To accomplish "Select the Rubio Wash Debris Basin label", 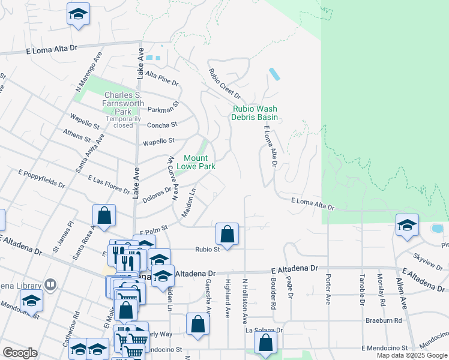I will click(x=255, y=113).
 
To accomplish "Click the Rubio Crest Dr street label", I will click(x=224, y=83).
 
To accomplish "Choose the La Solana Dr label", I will click(x=264, y=331).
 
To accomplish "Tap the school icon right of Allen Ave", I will click(x=408, y=226).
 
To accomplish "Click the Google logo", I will click(x=20, y=353).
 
